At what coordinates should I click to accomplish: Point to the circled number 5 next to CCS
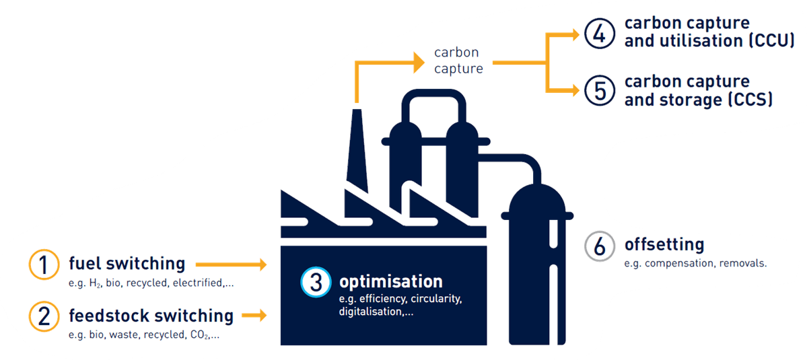click(x=600, y=91)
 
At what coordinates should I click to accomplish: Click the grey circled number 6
click(x=600, y=246)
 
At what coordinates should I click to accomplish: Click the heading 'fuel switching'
click(x=127, y=263)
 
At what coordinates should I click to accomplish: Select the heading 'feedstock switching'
click(x=151, y=315)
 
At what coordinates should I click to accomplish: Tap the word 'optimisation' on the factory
click(x=390, y=281)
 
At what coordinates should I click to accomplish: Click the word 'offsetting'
click(x=664, y=244)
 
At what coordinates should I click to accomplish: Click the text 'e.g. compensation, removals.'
click(x=695, y=263)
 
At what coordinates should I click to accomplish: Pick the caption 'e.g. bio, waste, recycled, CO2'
click(x=143, y=334)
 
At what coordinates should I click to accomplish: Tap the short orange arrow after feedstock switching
click(x=254, y=315)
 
